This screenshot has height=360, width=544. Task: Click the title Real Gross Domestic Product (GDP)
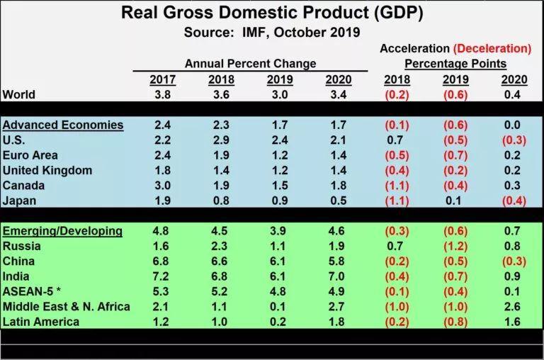coord(272,13)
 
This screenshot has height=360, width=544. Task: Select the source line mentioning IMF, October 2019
coord(272,32)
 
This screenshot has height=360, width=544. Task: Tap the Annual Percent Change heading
coord(250,64)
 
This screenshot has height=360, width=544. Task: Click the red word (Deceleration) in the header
coord(493,49)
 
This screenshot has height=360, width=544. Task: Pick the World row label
coord(19,94)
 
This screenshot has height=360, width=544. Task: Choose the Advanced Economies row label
coord(63,125)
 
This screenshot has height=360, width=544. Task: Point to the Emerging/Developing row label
coord(63,231)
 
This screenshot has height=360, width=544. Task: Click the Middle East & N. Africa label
coord(67,306)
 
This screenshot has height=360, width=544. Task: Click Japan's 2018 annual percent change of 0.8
coord(222,201)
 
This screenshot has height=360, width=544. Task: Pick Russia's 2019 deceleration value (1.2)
coord(455,247)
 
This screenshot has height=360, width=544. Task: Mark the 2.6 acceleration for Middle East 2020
coord(513,306)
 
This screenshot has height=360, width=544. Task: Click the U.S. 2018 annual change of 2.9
coord(222,140)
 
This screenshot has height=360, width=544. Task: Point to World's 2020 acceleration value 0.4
coord(513,94)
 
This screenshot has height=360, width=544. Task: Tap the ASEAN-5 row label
coord(33,291)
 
